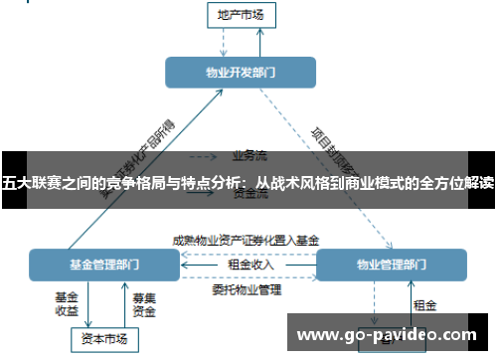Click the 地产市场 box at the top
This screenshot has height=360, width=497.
click(x=241, y=15)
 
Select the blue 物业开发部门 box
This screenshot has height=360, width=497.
click(x=241, y=72)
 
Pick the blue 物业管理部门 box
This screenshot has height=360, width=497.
click(x=391, y=266)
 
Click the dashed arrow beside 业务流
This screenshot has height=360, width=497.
click(x=204, y=156)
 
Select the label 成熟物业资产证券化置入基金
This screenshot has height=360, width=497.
click(x=246, y=240)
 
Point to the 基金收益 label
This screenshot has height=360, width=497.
click(x=67, y=304)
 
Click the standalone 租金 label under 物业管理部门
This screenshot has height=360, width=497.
click(x=424, y=305)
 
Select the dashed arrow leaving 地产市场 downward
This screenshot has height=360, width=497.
click(x=224, y=42)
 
